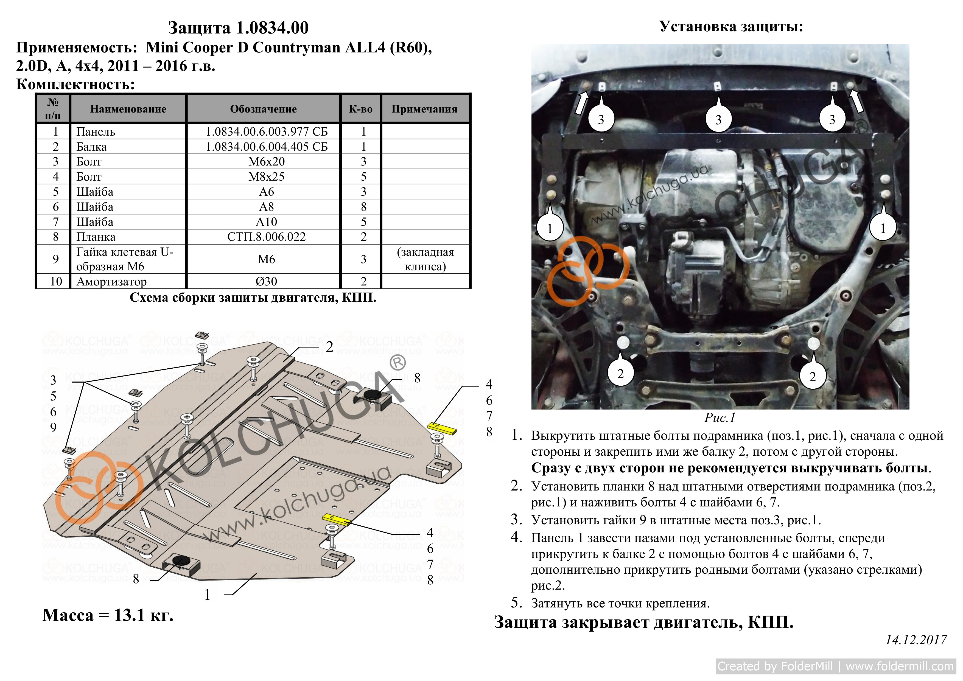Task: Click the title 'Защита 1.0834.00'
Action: (238, 28)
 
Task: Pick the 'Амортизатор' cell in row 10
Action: (111, 281)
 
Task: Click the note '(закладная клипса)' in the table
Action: (425, 259)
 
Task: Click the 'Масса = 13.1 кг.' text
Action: (108, 615)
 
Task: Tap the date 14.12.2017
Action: (916, 640)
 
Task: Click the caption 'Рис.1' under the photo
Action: (720, 418)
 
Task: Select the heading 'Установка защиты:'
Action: (731, 26)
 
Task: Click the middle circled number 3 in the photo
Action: (718, 119)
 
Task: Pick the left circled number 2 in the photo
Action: (620, 374)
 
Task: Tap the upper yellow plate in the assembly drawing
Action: (442, 428)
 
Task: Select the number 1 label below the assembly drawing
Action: (207, 595)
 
